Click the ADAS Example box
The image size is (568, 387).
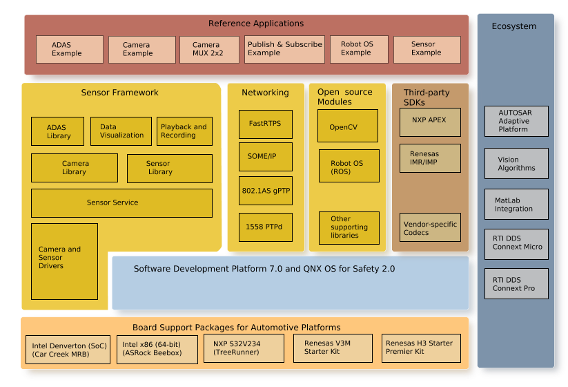tap(69, 50)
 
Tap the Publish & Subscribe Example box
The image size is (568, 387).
tap(284, 50)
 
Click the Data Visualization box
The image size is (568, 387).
tap(121, 131)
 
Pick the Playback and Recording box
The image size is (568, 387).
tap(184, 131)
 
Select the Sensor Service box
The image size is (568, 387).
tap(121, 203)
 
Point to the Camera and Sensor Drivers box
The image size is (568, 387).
tap(64, 261)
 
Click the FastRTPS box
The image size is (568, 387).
tap(265, 124)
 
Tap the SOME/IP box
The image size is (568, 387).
tap(265, 157)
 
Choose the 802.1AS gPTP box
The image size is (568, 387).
tap(265, 191)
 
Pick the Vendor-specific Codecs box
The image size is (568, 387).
tap(430, 227)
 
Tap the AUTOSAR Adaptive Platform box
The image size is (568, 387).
tap(516, 121)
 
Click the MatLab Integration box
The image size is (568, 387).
tap(516, 205)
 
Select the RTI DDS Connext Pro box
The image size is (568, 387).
tap(516, 284)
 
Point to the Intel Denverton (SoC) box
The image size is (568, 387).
tap(69, 349)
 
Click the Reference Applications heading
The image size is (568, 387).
tap(256, 23)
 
